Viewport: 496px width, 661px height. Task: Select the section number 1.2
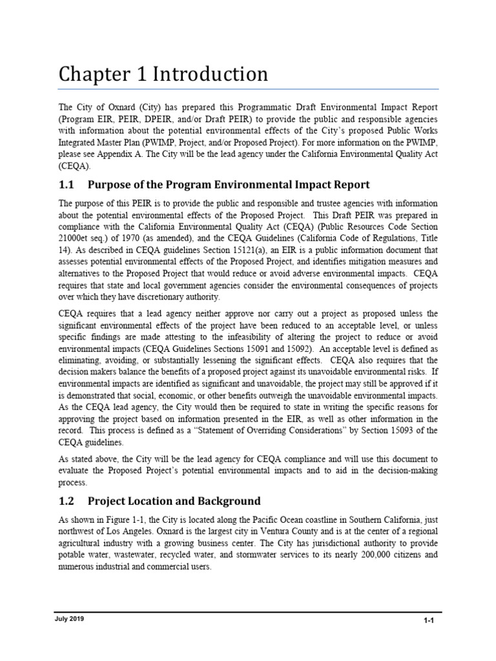[x=67, y=500]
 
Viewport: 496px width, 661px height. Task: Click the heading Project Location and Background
[x=174, y=500]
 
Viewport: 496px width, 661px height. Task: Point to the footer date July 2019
[x=70, y=618]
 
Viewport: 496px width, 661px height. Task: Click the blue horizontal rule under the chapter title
[x=248, y=88]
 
